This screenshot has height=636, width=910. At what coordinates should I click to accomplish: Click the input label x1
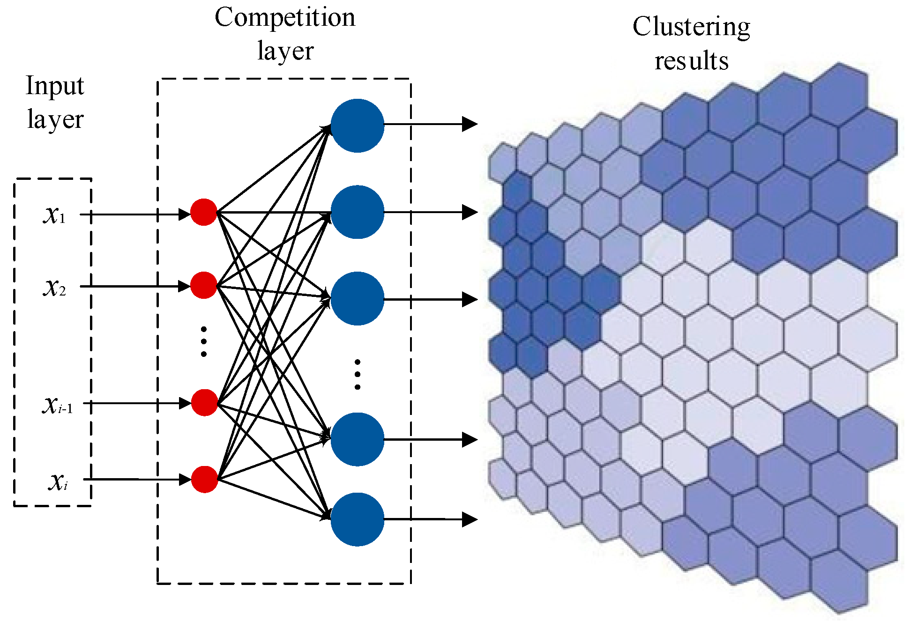pos(54,215)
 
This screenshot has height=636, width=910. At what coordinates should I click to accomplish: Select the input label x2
pos(54,288)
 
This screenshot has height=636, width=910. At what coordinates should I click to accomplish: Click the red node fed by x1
pos(204,213)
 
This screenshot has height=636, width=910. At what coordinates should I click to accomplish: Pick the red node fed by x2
pos(204,285)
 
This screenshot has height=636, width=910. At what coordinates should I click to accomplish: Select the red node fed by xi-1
pos(205,402)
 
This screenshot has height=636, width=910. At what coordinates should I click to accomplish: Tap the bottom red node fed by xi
pos(205,479)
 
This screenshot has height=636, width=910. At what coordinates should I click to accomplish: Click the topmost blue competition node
pos(358,126)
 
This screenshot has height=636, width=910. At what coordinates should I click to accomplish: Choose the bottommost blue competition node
pos(358,519)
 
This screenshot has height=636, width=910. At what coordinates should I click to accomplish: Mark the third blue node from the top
pos(358,299)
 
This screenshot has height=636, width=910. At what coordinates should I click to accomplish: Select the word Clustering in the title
pos(691,27)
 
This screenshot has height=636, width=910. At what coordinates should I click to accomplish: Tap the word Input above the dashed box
pos(55,86)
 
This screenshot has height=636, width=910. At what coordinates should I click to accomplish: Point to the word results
pos(692,61)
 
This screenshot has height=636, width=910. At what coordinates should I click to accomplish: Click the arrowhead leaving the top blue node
pos(470,124)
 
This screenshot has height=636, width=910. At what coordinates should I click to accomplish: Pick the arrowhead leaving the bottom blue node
pos(470,519)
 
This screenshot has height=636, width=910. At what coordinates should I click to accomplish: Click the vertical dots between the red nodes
pos(204,342)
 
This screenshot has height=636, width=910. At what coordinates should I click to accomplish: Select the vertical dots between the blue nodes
pos(358,374)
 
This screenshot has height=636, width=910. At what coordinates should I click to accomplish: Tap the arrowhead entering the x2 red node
pos(185,286)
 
